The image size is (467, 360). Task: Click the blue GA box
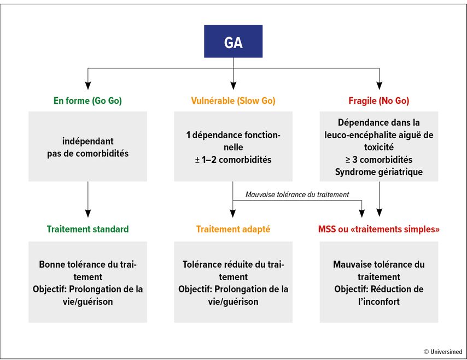[x=233, y=42]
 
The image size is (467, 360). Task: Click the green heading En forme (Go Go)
[x=87, y=101]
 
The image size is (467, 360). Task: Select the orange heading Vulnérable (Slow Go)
[x=233, y=101]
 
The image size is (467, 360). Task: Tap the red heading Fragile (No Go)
[x=379, y=101]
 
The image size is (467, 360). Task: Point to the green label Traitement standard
[x=87, y=229]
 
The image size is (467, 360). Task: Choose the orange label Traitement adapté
[x=233, y=229]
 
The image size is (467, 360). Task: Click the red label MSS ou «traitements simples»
[x=379, y=229]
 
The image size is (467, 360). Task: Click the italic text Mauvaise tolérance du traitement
[x=297, y=194]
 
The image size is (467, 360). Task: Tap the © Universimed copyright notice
[x=443, y=352]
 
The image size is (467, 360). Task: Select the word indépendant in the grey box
[x=87, y=141]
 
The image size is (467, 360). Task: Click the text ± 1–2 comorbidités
[x=233, y=160]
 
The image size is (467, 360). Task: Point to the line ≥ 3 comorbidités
[x=379, y=160]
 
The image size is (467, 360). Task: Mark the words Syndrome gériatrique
[x=379, y=172]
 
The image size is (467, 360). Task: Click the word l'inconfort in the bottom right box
[x=379, y=302]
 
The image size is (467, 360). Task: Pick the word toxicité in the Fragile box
[x=379, y=147]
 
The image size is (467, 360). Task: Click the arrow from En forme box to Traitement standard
[x=87, y=199]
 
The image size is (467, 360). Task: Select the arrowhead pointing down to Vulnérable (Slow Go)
[x=233, y=85]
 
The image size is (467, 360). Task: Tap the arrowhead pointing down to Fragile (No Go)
[x=379, y=85]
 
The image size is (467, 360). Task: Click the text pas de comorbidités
[x=87, y=154]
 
